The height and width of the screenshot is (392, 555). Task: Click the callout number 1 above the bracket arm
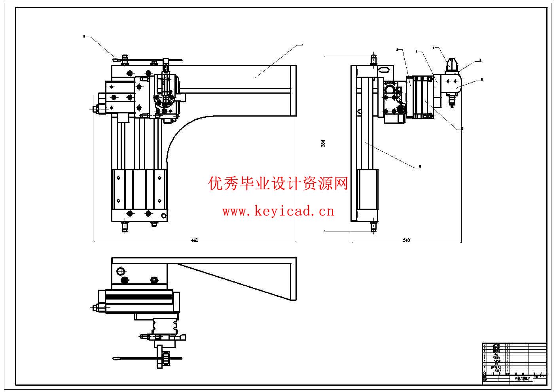[x=302, y=44]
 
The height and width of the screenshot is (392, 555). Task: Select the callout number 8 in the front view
[x=84, y=36]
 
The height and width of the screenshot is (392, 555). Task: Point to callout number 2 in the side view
[x=397, y=50]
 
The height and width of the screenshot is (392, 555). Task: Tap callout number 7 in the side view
[x=417, y=51]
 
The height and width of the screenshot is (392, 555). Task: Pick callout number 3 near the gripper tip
[x=433, y=48]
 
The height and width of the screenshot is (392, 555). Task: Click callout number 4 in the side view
[x=480, y=60]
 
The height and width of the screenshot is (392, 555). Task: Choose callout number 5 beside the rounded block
[x=481, y=79]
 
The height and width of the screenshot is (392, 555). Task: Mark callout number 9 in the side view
[x=420, y=167]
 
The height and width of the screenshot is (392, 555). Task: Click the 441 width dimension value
[x=194, y=240]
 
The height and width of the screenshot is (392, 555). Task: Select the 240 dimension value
[x=406, y=240]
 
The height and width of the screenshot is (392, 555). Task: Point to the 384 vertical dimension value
[x=323, y=143]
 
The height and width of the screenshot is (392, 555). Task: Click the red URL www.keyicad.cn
[x=278, y=211]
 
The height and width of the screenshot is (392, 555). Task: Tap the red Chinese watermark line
[x=278, y=184]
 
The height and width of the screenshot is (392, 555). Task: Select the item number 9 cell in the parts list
[x=485, y=345]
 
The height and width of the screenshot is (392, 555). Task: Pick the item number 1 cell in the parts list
[x=485, y=370]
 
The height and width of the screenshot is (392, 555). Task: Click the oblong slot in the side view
[x=383, y=69]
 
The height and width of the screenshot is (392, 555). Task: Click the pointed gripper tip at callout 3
[x=451, y=62]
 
